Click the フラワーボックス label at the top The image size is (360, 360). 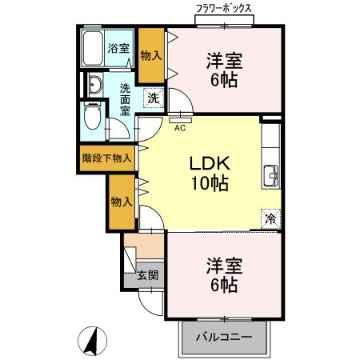(x=225, y=9)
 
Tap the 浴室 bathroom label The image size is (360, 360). (x=119, y=48)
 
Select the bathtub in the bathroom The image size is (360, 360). (x=93, y=50)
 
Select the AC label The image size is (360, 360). (x=180, y=126)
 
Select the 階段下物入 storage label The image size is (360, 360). (x=107, y=158)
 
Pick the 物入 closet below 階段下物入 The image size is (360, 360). (x=122, y=201)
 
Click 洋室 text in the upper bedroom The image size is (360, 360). (x=225, y=60)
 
